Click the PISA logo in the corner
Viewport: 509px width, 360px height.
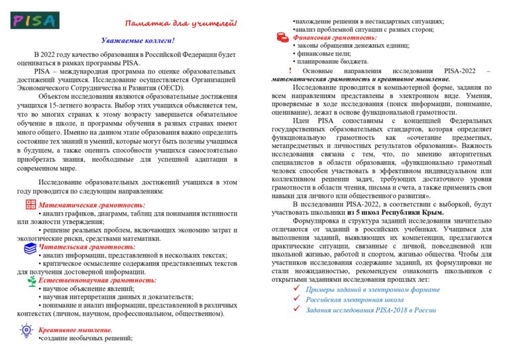[35, 19]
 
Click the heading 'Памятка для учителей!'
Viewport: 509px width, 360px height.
[180, 24]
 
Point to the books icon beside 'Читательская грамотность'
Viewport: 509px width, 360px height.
[30, 247]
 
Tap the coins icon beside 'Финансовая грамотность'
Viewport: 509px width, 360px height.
[281, 38]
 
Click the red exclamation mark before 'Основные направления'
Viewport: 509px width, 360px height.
[290, 70]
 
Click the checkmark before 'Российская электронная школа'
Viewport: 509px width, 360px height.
[296, 300]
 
